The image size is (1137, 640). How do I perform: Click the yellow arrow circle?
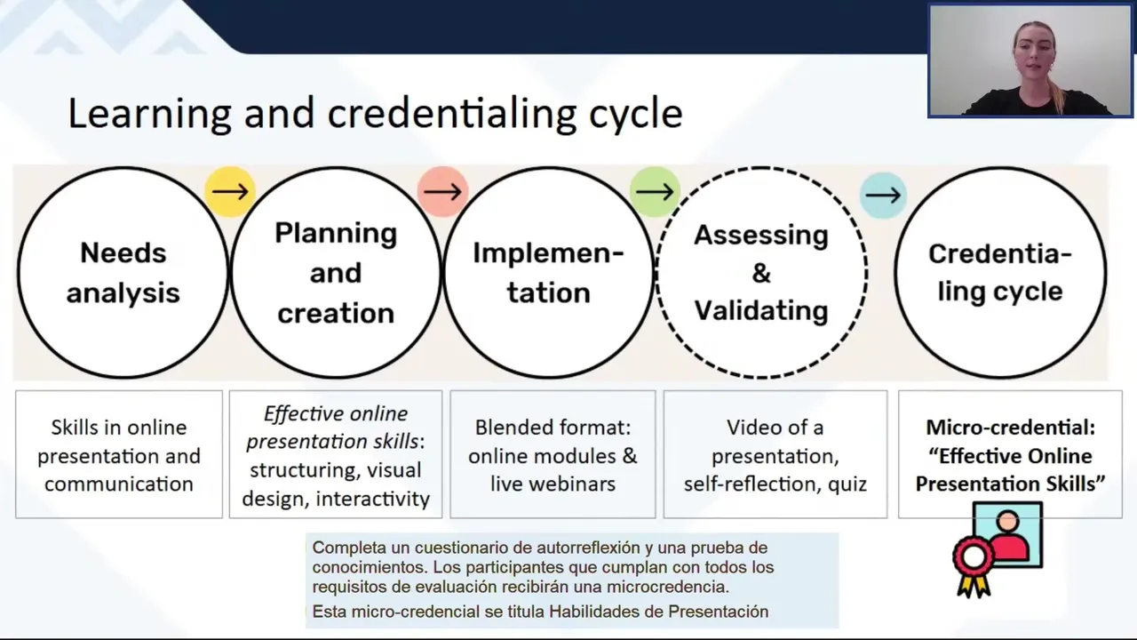[x=230, y=191]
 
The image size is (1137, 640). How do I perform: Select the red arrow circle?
[x=442, y=191]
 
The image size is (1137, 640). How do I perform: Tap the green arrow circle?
[x=655, y=191]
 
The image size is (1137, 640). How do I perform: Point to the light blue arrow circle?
[x=882, y=195]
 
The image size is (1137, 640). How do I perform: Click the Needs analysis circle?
[x=123, y=273]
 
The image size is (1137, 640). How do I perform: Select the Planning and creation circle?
[x=336, y=273]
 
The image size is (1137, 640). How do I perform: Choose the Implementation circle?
[x=548, y=273]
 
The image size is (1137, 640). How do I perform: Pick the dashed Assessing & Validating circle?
[x=761, y=273]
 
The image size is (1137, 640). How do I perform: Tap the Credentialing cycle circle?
[x=1000, y=273]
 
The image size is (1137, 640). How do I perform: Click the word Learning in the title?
[x=149, y=114]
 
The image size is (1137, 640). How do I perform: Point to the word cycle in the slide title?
[x=635, y=114]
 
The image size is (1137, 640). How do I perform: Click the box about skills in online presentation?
[x=119, y=455]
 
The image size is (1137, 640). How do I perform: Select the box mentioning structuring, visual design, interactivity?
[x=336, y=455]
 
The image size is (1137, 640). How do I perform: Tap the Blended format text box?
[x=553, y=455]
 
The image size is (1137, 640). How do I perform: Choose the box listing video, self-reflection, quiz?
[x=775, y=455]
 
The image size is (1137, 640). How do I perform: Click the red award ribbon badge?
[x=974, y=560]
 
